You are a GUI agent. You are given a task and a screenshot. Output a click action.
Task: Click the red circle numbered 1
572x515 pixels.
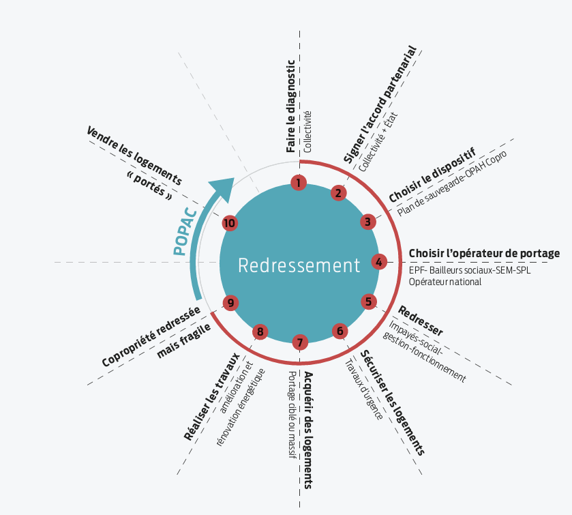[x=298, y=182]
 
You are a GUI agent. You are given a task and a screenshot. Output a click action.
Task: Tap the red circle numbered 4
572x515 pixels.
[x=380, y=261]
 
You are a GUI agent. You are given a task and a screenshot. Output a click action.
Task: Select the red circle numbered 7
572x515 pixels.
[x=300, y=342]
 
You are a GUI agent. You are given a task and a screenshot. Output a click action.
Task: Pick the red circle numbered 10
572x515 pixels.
[x=230, y=223]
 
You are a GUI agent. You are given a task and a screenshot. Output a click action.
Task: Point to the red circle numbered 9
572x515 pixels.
[x=230, y=302]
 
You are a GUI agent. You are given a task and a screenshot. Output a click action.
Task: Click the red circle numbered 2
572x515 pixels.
[x=337, y=193]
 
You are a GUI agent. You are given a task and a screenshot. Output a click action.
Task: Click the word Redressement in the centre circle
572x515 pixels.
[x=299, y=265]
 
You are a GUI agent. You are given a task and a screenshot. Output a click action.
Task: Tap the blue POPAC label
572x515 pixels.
[x=185, y=232]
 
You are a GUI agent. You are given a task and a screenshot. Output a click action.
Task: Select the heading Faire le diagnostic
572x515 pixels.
[x=291, y=107]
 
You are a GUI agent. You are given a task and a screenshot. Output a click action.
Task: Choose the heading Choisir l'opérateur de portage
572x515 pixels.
[x=484, y=254]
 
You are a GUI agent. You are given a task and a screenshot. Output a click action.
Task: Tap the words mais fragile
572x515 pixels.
[x=183, y=342]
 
